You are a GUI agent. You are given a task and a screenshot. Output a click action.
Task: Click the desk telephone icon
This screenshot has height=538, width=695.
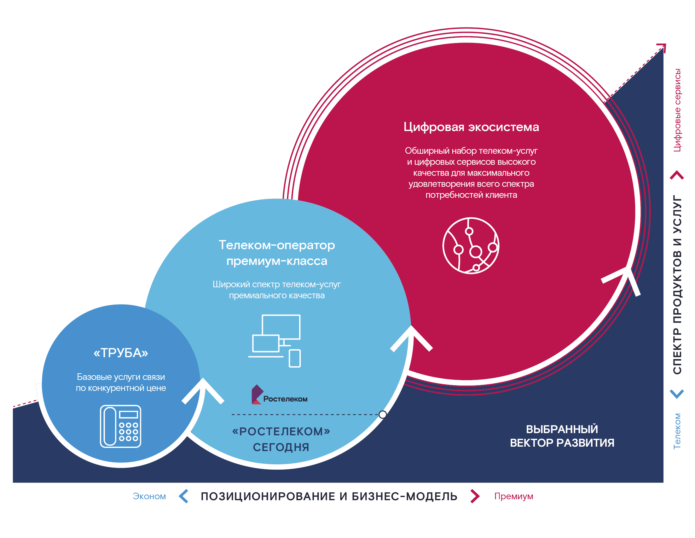click(x=121, y=426)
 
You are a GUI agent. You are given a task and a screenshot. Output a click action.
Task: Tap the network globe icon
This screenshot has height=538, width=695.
click(x=471, y=245)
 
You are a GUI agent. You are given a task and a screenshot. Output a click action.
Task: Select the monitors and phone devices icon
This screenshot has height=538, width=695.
click(x=275, y=341)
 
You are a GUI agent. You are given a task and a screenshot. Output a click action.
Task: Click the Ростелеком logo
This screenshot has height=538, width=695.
click(x=279, y=395)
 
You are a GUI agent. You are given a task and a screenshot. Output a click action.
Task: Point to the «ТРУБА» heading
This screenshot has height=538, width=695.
click(x=121, y=353)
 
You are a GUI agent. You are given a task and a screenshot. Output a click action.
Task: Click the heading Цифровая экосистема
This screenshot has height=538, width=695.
click(x=471, y=127)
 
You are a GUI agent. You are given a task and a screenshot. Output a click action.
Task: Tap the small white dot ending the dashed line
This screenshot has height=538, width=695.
click(x=383, y=414)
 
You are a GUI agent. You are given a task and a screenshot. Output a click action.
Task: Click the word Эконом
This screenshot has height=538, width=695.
click(x=149, y=496)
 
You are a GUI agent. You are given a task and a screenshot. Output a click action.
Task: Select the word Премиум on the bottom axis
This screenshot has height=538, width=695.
click(x=514, y=496)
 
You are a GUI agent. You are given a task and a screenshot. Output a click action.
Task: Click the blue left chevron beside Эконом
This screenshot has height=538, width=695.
click(x=184, y=496)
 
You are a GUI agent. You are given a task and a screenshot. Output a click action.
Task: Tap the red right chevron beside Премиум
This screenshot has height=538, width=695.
click(x=475, y=496)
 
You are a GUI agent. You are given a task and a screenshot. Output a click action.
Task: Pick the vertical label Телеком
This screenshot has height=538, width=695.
click(x=677, y=431)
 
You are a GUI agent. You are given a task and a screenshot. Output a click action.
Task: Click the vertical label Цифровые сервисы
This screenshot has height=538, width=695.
click(x=677, y=110)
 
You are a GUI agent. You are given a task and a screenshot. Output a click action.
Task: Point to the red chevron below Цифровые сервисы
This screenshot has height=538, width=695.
click(x=677, y=175)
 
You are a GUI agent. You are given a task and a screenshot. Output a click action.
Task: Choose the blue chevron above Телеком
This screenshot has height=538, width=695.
click(x=677, y=394)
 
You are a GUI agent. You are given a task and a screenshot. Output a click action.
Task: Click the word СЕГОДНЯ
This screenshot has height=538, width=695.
click(x=281, y=447)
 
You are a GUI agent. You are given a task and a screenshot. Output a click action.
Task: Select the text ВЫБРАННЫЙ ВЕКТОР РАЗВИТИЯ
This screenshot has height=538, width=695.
click(x=562, y=436)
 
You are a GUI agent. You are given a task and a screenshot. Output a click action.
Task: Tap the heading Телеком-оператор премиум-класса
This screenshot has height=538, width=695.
click(x=276, y=253)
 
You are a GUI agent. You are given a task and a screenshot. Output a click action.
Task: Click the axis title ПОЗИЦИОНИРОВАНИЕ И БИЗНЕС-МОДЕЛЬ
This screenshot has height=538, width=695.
click(x=329, y=496)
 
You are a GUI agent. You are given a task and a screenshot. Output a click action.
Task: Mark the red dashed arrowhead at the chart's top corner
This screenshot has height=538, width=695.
click(x=662, y=47)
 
